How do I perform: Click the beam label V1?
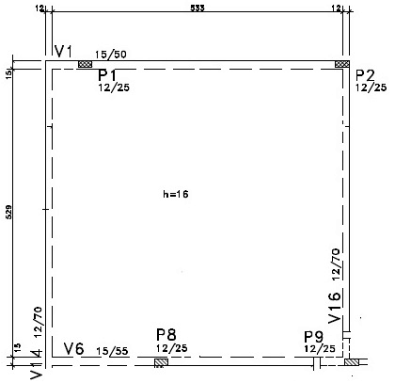[64, 51]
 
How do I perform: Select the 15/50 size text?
[111, 55]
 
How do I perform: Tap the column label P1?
[107, 75]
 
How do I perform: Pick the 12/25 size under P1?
[114, 88]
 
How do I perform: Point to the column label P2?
[366, 75]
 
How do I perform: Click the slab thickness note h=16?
[176, 194]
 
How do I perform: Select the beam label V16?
[334, 308]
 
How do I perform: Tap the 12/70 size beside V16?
[336, 264]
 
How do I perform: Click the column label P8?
[166, 335]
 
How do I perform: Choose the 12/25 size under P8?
[172, 348]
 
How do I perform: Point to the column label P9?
[314, 337]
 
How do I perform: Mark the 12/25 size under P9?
[320, 348]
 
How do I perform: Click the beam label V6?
[74, 348]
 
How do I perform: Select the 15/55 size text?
[113, 351]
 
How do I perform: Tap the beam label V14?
[36, 364]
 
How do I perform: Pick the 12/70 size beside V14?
[38, 322]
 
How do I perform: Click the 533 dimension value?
[197, 8]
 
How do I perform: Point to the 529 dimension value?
[8, 212]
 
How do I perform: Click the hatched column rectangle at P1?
[85, 64]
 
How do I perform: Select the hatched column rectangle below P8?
[161, 362]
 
